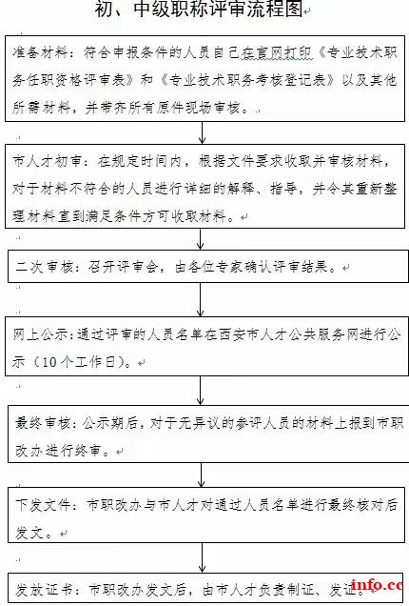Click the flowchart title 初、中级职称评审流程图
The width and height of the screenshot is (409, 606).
(x=199, y=9)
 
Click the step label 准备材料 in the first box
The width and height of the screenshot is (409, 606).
(x=40, y=52)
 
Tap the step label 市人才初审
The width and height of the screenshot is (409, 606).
(x=47, y=161)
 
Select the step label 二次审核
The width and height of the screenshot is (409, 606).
(x=45, y=267)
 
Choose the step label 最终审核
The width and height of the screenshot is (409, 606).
(x=43, y=423)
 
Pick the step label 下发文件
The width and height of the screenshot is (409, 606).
(x=43, y=504)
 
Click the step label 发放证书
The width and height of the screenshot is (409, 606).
(x=44, y=589)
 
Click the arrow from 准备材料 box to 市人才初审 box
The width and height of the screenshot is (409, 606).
(x=202, y=133)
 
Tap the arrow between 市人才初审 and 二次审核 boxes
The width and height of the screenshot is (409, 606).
(x=201, y=239)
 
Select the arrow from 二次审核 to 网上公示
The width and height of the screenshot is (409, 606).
(x=201, y=300)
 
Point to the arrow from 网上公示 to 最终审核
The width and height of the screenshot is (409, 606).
(x=201, y=391)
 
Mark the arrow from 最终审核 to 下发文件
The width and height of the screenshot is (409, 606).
(x=201, y=475)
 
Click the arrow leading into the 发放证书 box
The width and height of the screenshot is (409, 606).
(x=202, y=557)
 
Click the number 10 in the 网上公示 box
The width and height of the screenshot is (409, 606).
(x=49, y=362)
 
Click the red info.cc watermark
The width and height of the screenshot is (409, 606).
(x=380, y=585)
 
